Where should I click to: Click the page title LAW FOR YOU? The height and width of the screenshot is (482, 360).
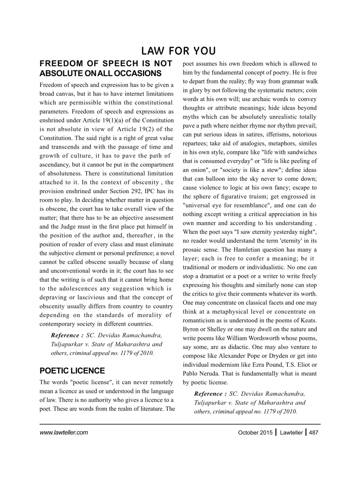click(x=179, y=51)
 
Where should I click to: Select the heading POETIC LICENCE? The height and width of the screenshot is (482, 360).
click(x=72, y=371)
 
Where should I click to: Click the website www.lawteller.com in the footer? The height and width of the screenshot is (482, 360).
click(x=64, y=433)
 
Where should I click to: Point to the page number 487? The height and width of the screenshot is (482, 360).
click(x=313, y=433)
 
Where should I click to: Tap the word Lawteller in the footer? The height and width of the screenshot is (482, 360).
click(x=291, y=433)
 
